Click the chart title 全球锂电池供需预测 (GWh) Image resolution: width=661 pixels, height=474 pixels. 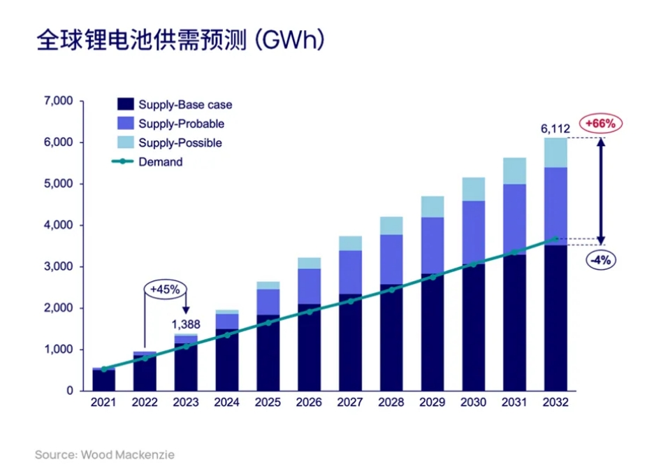pyautogui.click(x=180, y=40)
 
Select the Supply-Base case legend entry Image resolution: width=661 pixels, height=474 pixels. pyautogui.click(x=185, y=105)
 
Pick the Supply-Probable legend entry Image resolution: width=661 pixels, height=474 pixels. pyautogui.click(x=181, y=124)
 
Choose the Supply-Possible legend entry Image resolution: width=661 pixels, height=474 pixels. pyautogui.click(x=180, y=143)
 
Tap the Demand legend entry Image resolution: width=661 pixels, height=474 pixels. pyautogui.click(x=160, y=161)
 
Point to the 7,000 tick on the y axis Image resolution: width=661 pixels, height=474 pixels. pyautogui.click(x=59, y=101)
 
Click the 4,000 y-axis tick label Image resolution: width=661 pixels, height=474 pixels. pyautogui.click(x=59, y=226)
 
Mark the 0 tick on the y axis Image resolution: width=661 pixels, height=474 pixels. pyautogui.click(x=70, y=391)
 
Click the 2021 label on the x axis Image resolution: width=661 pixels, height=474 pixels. pyautogui.click(x=103, y=403)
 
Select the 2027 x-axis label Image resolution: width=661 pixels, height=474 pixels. pyautogui.click(x=350, y=403)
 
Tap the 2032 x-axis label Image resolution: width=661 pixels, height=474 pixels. pyautogui.click(x=555, y=403)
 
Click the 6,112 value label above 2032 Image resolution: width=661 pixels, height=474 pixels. pyautogui.click(x=556, y=129)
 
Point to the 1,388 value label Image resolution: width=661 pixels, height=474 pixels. pyautogui.click(x=186, y=324)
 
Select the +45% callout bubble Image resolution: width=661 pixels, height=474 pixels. pyautogui.click(x=165, y=288)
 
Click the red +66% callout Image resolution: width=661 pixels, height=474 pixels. pyautogui.click(x=600, y=124)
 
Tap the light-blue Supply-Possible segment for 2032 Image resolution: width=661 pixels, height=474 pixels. pyautogui.click(x=556, y=152)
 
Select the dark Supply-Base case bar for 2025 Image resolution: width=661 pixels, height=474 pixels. pyautogui.click(x=268, y=353)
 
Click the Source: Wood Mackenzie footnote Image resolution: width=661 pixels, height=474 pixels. pyautogui.click(x=105, y=455)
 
